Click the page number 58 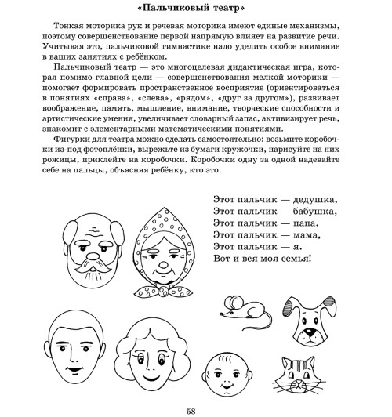tap(196, 409)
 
